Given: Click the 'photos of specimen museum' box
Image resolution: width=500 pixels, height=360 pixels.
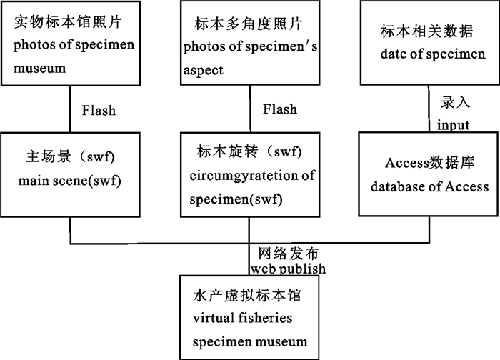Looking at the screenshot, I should point(69,44).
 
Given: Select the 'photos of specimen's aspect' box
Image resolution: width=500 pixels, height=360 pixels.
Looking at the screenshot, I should point(249,44).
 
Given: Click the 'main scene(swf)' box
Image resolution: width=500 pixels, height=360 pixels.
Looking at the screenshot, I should point(69,172).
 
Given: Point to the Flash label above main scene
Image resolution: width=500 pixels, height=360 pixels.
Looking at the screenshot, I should point(99,111).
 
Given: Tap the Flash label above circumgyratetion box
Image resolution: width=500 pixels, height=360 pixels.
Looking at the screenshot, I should point(280,110).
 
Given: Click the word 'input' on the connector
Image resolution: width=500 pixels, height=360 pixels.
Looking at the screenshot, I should point(453,125).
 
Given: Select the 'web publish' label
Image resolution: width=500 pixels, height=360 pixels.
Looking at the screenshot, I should point(288,269).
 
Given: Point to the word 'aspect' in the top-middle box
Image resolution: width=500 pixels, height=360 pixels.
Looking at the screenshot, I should point(204,70).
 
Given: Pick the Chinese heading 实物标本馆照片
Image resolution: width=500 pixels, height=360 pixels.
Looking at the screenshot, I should point(64,22).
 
